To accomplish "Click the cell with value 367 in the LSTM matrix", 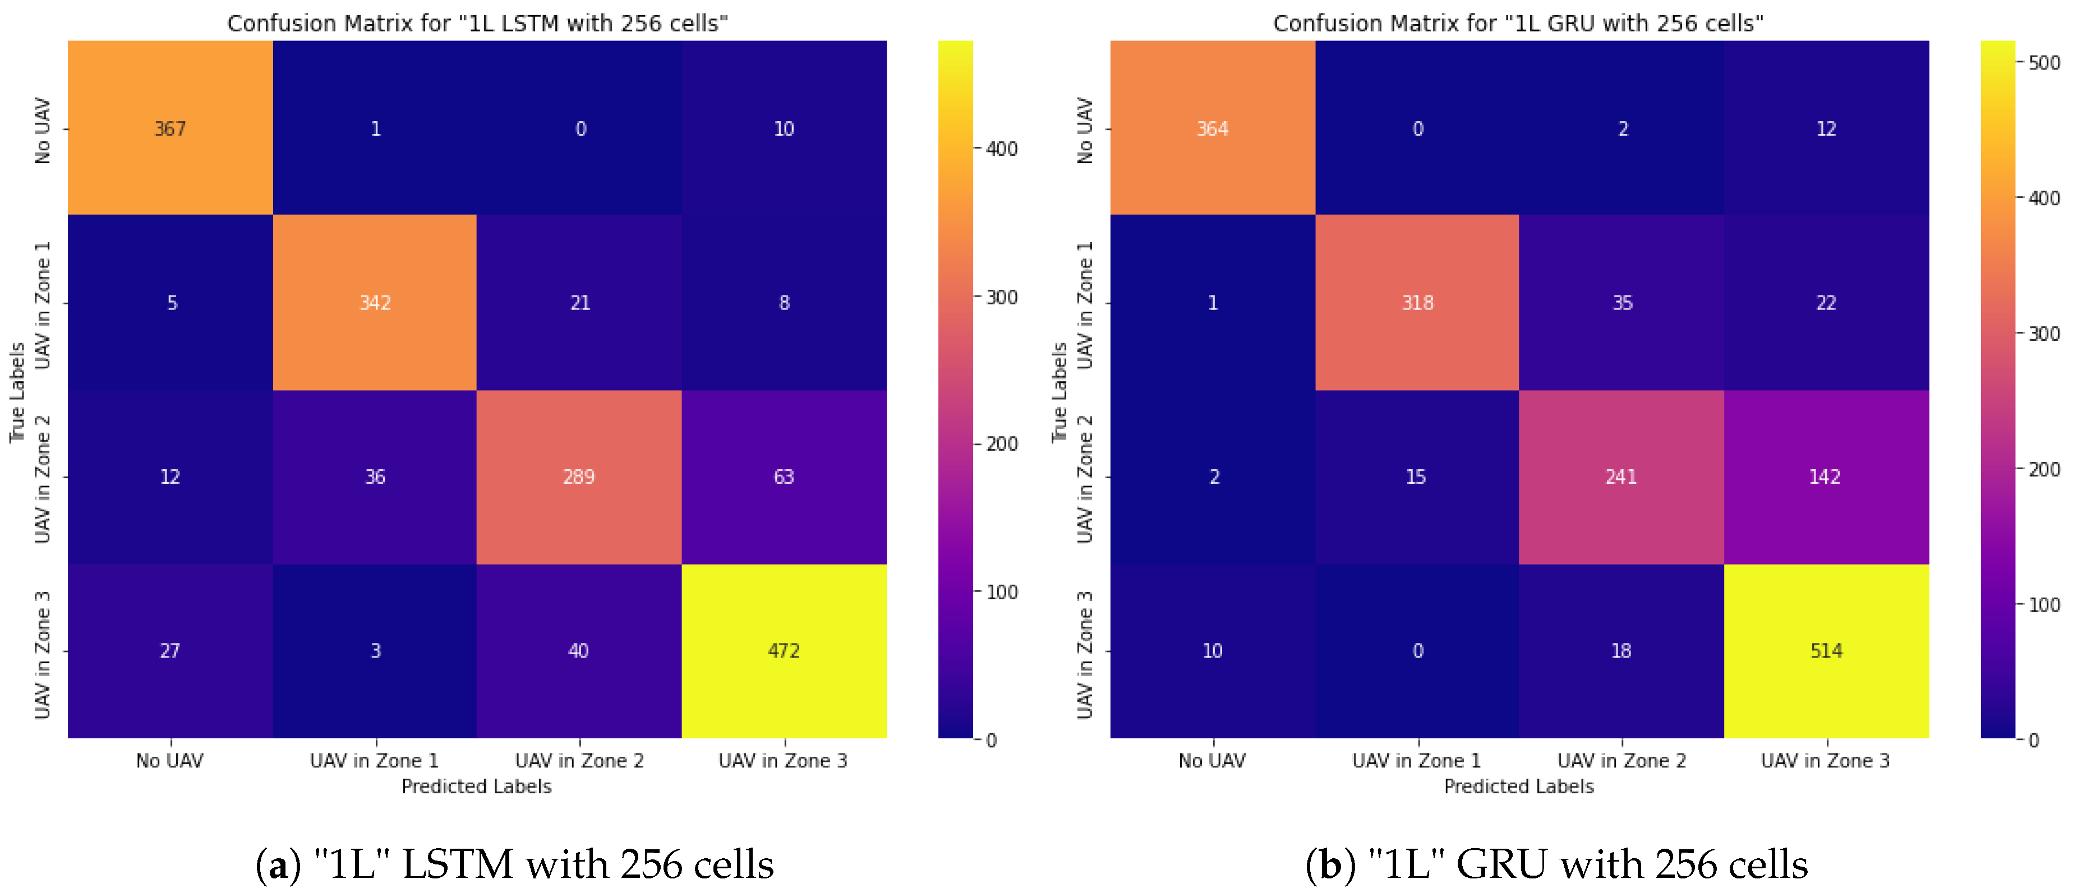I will pos(170,129).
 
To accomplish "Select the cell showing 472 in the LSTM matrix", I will pos(784,651).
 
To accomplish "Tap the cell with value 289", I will pos(579,477).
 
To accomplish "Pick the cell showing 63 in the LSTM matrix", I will pos(784,477).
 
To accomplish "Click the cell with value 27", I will pos(170,651).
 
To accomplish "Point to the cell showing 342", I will pos(375,303).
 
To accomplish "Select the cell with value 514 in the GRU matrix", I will pos(1826,651).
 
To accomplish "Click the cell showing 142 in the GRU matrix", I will pos(1825,477).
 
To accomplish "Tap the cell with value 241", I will pos(1621,477).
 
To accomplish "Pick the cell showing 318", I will pos(1417,303).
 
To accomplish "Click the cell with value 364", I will pos(1212,129).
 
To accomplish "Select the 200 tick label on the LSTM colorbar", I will pos(1002,444).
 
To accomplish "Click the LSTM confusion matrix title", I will pos(477,24).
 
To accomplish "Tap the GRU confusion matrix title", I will pos(1518,24).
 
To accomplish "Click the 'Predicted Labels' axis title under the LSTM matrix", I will pos(476,786).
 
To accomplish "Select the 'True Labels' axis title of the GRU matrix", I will pos(1059,392).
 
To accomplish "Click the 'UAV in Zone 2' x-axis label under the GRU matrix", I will pos(1621,760).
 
